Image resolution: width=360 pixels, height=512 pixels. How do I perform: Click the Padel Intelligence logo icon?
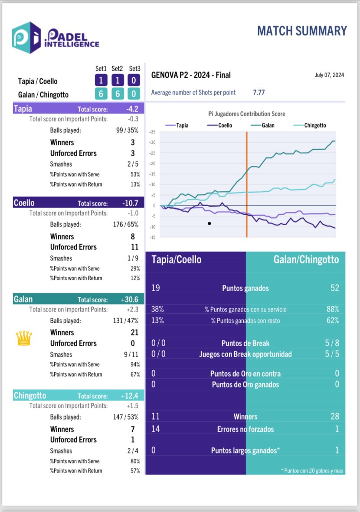tap(27, 38)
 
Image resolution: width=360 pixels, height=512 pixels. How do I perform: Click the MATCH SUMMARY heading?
tap(302, 31)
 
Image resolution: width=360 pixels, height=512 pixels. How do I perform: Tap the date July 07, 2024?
tap(329, 75)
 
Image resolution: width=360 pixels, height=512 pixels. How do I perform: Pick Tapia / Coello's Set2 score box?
tap(117, 81)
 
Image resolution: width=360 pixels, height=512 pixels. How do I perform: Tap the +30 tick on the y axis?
tap(152, 142)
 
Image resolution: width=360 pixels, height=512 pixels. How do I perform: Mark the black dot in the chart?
tap(209, 223)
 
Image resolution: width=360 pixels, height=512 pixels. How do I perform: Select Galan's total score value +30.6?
tap(130, 299)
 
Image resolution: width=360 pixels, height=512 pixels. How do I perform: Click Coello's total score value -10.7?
tap(130, 203)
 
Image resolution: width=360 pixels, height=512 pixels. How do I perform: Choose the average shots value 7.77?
tap(259, 92)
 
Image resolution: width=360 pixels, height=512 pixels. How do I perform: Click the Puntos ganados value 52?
tap(334, 288)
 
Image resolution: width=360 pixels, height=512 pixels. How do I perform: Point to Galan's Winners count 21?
tap(134, 332)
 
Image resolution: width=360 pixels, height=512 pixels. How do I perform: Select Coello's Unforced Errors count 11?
tap(134, 247)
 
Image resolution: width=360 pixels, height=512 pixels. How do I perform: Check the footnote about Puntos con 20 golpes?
tap(312, 470)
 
